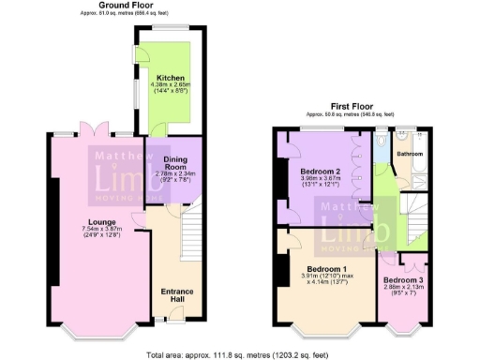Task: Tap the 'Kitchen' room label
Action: click(x=171, y=77)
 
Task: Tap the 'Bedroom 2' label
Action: click(x=321, y=172)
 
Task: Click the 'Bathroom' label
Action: click(x=410, y=153)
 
